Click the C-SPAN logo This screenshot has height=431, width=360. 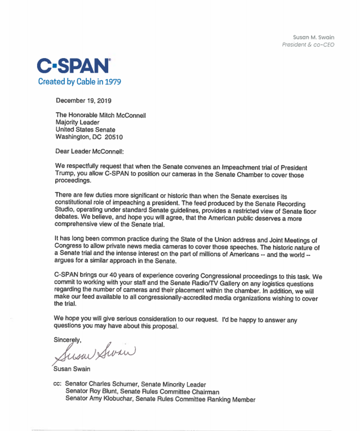73,66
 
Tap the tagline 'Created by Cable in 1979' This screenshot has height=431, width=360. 79,82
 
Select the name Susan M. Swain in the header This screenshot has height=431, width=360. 313,37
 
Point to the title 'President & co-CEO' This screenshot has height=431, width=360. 308,45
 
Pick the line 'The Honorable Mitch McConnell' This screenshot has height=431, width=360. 101,115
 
